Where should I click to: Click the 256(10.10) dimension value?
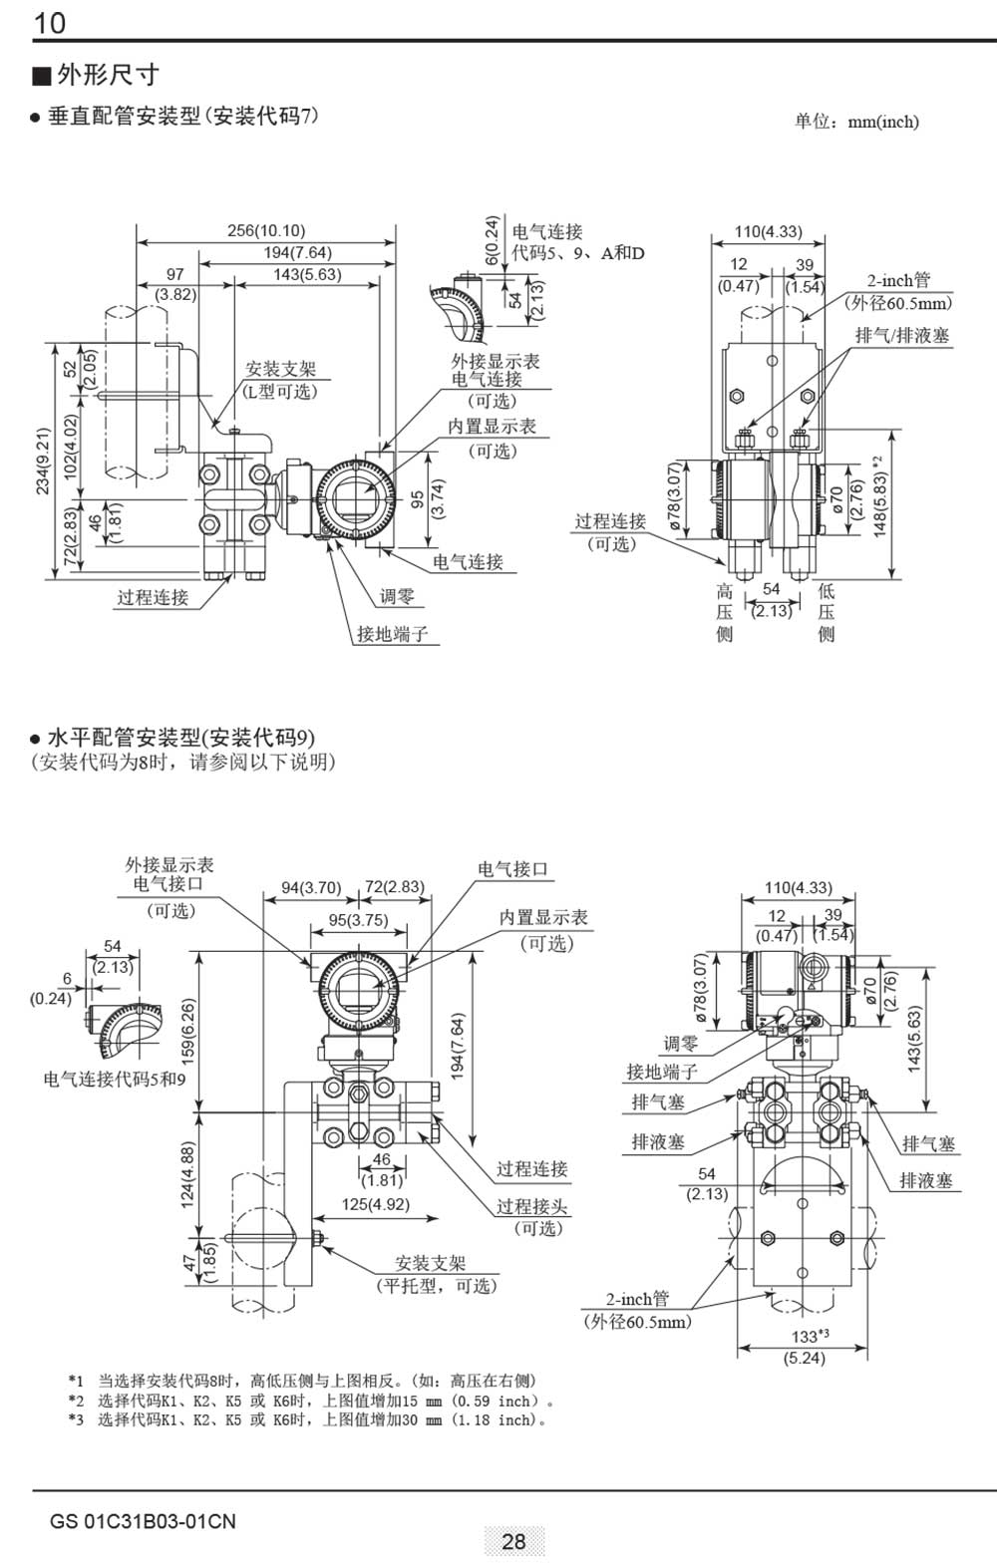pyautogui.click(x=266, y=231)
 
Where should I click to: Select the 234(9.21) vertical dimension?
pyautogui.click(x=43, y=461)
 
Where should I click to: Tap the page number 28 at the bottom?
pyautogui.click(x=513, y=1541)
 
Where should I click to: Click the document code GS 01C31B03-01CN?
pyautogui.click(x=143, y=1521)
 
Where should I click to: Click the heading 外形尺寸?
pyautogui.click(x=108, y=75)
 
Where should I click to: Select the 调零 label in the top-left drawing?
pyautogui.click(x=397, y=597)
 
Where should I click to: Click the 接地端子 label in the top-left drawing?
pyautogui.click(x=393, y=634)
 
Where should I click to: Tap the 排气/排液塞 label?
pyautogui.click(x=902, y=336)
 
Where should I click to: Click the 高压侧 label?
pyautogui.click(x=725, y=612)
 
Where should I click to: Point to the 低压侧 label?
pyautogui.click(x=827, y=612)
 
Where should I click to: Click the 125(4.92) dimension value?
pyautogui.click(x=376, y=1204)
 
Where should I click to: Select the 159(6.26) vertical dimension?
pyautogui.click(x=188, y=1031)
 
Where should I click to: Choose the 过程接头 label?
pyautogui.click(x=532, y=1206)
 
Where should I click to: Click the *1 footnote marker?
pyautogui.click(x=76, y=1381)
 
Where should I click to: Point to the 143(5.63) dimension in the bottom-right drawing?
pyautogui.click(x=914, y=1039)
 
